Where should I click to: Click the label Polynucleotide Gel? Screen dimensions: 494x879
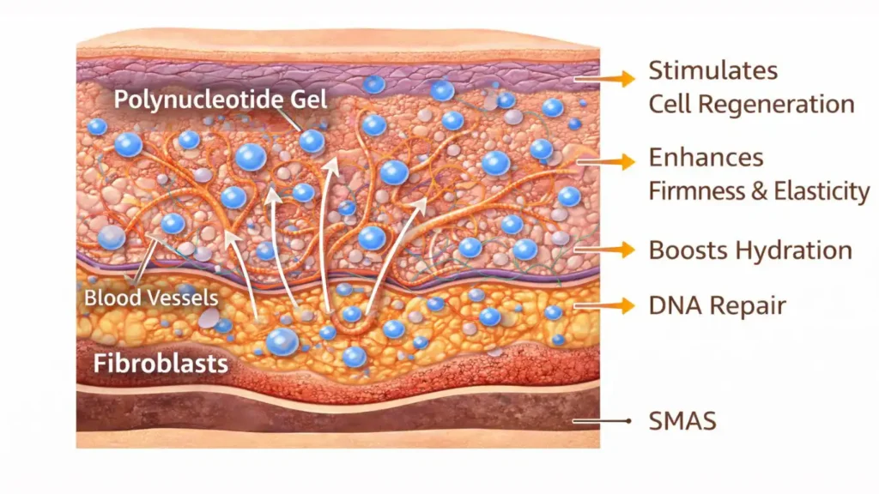[x=221, y=99]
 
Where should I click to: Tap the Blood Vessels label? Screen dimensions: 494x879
[x=151, y=298]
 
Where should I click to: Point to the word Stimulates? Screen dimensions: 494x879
[x=700, y=69]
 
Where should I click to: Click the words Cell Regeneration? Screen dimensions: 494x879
[x=751, y=105]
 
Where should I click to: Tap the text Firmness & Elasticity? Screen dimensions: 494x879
[x=759, y=190]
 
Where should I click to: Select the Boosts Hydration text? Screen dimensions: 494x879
[x=750, y=250]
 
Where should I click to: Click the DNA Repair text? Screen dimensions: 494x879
[x=717, y=304]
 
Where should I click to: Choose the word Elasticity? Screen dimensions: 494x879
[x=821, y=190]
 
